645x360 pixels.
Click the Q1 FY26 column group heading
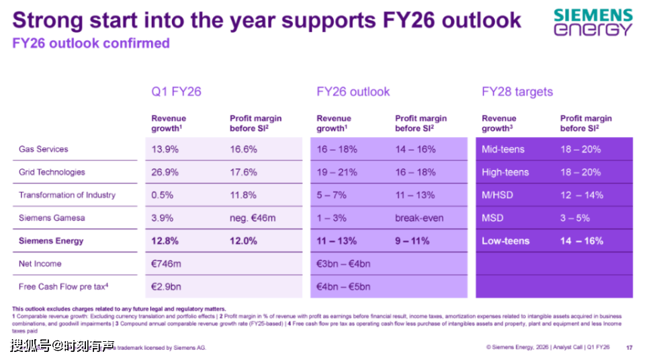(176, 91)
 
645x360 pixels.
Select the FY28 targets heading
(517, 91)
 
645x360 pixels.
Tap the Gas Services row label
(44, 149)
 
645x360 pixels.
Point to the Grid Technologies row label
(52, 172)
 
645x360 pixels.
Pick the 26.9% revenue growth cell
(165, 172)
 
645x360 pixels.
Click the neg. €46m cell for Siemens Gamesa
(253, 218)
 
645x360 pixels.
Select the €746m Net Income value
(166, 263)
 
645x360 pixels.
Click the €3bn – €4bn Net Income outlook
(343, 263)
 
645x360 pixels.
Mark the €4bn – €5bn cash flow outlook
(343, 286)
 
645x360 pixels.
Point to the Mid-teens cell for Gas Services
(503, 149)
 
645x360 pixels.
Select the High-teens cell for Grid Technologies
(505, 172)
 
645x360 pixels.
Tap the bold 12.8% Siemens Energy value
(166, 240)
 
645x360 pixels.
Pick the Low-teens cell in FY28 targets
(505, 240)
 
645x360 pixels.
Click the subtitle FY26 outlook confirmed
(91, 44)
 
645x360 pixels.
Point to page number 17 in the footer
(629, 347)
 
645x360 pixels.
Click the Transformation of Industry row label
(67, 195)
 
